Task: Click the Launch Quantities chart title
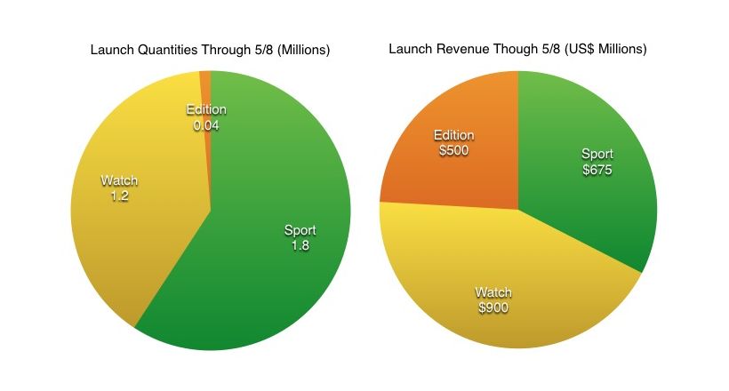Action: pos(210,50)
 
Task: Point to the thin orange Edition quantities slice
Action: pos(206,84)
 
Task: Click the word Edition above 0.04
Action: pos(206,110)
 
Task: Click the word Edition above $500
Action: pos(453,135)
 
